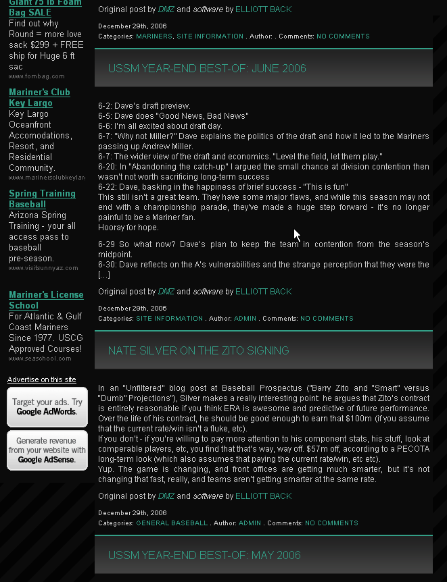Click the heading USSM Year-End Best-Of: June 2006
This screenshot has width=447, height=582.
click(207, 68)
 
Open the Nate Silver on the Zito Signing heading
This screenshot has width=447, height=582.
click(198, 350)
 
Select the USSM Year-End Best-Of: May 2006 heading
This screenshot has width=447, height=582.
click(204, 555)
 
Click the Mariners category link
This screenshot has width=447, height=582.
click(154, 36)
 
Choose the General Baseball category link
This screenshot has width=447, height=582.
click(172, 523)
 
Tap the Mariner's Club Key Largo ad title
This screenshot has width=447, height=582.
click(39, 97)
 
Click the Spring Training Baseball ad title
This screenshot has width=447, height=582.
click(42, 199)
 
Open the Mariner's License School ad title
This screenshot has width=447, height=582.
click(46, 300)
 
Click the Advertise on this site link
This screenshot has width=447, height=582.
click(41, 379)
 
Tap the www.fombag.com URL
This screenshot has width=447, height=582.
click(37, 76)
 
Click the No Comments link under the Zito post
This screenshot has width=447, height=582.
click(331, 523)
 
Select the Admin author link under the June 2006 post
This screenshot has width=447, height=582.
click(245, 319)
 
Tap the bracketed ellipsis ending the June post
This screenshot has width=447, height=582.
click(104, 275)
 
